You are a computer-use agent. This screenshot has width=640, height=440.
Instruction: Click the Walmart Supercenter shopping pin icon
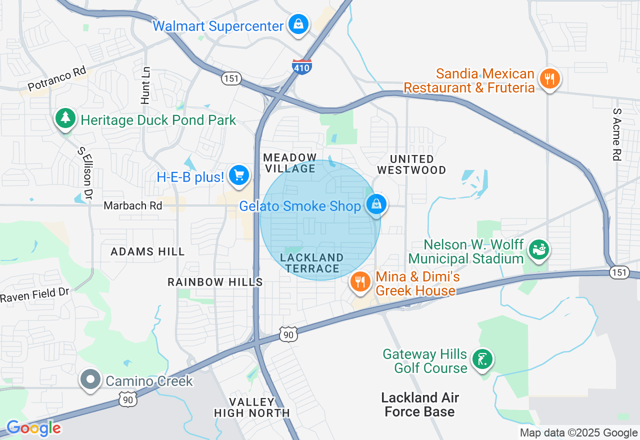tap(298, 24)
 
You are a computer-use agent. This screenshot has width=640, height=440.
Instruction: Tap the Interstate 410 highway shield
tap(302, 67)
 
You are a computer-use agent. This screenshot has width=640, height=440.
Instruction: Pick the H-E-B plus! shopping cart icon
tap(239, 175)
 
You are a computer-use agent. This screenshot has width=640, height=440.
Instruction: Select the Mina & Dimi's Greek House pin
tap(360, 282)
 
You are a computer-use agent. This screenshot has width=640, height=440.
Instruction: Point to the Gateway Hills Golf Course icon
tap(482, 359)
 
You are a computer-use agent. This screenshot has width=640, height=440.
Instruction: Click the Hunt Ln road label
tap(145, 85)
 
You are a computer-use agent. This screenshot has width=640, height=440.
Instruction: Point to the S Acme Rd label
tap(617, 134)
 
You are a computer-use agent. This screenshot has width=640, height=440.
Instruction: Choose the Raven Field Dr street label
tap(34, 295)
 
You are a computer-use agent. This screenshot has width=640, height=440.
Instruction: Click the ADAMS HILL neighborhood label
tap(147, 251)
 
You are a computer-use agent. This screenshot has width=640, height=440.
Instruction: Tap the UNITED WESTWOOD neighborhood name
tap(411, 164)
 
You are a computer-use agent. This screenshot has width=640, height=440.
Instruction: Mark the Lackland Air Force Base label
tap(420, 404)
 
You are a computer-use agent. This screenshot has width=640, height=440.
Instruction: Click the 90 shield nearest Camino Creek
tap(127, 399)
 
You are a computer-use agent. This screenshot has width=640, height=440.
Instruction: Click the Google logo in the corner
tap(33, 428)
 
